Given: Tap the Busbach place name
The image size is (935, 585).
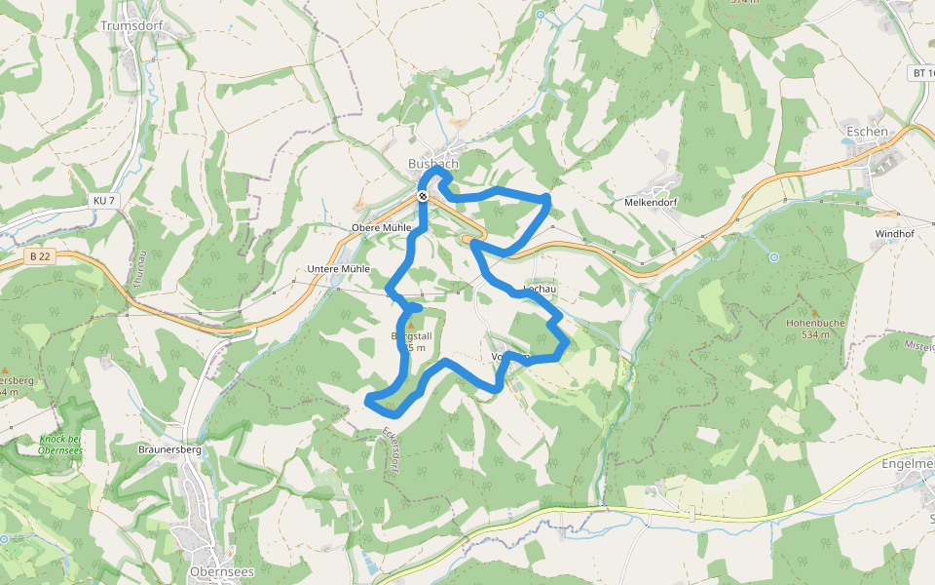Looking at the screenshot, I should [433, 163].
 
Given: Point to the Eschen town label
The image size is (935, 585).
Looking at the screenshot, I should [867, 132].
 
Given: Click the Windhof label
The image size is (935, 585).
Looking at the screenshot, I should [894, 234].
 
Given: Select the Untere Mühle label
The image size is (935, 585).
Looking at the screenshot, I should [338, 268].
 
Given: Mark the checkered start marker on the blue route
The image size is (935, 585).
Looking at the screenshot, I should [423, 196].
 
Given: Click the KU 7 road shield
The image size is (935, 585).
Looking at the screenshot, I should [103, 201].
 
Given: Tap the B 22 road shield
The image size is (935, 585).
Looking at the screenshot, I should [39, 255].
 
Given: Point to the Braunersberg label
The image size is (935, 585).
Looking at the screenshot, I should [169, 450].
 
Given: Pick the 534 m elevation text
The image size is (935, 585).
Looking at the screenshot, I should [815, 334].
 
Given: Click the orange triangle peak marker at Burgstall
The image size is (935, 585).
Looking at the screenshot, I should [410, 326].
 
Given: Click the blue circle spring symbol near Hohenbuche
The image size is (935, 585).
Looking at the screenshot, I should [773, 257].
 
